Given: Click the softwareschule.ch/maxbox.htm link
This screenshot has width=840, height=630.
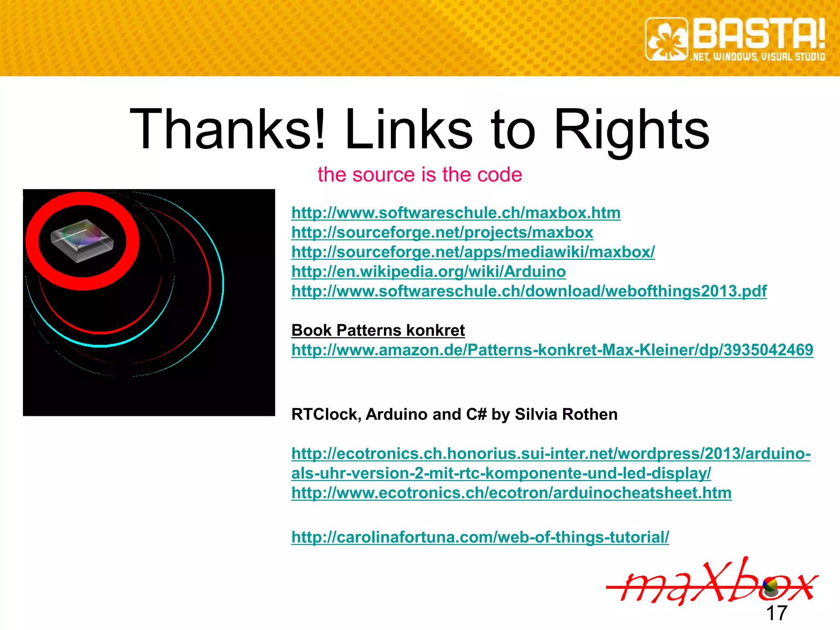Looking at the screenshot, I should tap(456, 213).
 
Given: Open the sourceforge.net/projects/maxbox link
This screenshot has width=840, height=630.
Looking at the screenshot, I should tap(442, 233).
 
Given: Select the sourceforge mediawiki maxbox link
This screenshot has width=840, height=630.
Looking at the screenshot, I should tap(473, 252).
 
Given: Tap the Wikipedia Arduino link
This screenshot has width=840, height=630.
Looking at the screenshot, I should tap(429, 272).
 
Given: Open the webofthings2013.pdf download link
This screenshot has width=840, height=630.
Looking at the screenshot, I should tap(529, 291).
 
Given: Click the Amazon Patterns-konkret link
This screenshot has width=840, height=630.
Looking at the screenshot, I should tap(552, 350).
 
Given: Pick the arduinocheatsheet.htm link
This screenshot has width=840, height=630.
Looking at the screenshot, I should tap(511, 493).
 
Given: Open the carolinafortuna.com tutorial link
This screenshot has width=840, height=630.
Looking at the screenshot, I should tap(480, 537).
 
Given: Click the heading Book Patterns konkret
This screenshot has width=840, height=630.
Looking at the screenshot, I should tap(378, 330).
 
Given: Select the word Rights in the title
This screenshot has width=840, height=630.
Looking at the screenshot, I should tap(632, 130).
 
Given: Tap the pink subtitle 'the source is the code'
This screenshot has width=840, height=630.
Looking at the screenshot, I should tap(420, 175).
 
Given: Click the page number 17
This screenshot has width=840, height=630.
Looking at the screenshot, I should tap(776, 613).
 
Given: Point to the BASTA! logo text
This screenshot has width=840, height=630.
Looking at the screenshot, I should tap(759, 35).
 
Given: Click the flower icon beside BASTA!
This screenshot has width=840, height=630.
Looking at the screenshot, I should tap(667, 39).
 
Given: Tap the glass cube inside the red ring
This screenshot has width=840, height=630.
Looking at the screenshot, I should tap(82, 240).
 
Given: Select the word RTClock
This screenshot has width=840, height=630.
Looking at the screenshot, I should tap(326, 414).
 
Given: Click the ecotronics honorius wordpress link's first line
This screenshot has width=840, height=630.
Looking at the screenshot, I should tap(551, 454).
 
